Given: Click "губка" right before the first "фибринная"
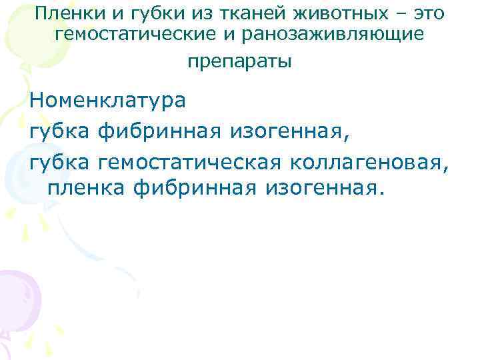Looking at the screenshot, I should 61,131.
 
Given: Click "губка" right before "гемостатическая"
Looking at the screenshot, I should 61,161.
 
